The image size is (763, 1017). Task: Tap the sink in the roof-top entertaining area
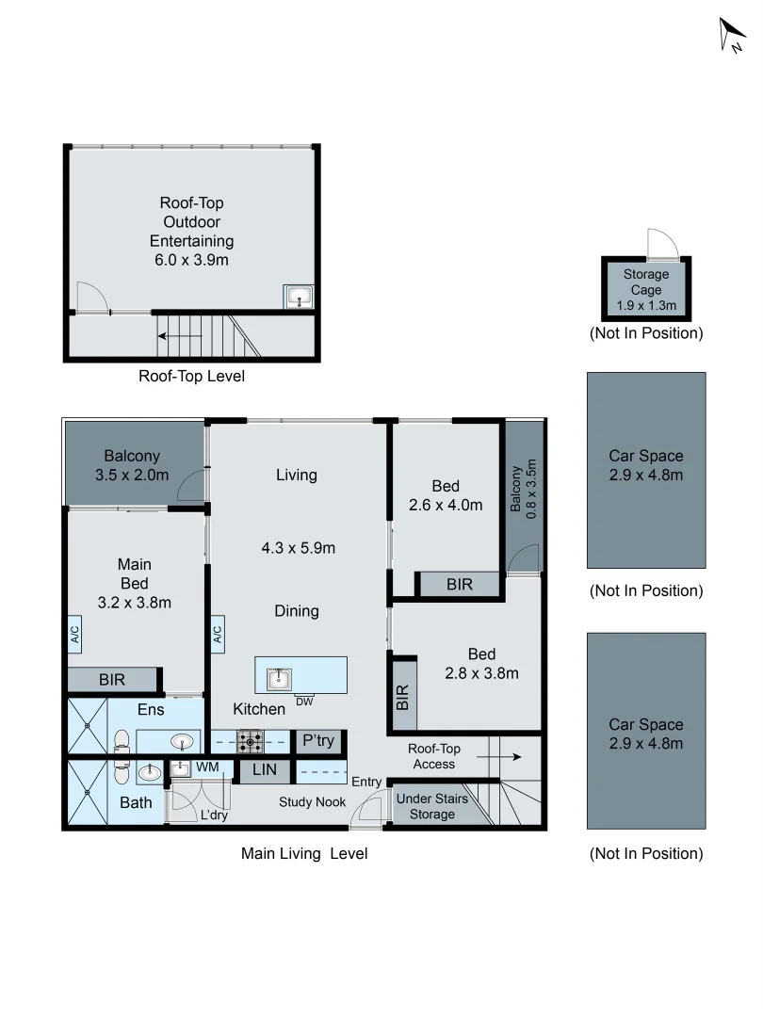[x=299, y=297]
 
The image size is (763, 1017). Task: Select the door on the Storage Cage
[x=661, y=244]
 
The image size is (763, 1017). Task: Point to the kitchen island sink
[x=278, y=677]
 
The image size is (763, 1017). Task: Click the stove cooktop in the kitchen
[x=250, y=741]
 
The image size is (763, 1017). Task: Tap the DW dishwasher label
[x=303, y=701]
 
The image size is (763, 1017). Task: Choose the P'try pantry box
[x=318, y=741]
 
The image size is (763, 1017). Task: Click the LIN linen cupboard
[x=257, y=771]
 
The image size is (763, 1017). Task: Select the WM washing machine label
[x=207, y=767]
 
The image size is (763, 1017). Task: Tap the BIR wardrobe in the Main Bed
[x=112, y=679]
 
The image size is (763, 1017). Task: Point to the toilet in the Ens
[x=122, y=741]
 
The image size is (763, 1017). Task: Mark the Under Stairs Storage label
[x=431, y=806]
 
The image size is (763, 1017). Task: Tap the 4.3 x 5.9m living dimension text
[x=298, y=547]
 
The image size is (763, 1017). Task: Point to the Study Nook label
[x=312, y=802]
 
